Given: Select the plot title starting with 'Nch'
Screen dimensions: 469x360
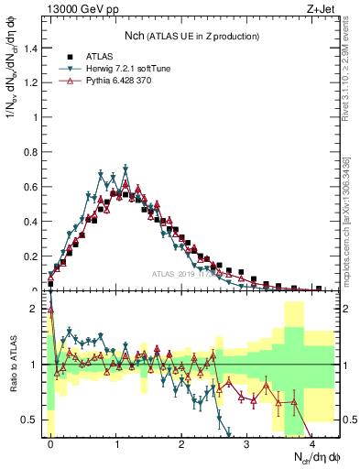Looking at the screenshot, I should (x=194, y=36).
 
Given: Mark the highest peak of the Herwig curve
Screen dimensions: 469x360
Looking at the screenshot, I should (x=125, y=169).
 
